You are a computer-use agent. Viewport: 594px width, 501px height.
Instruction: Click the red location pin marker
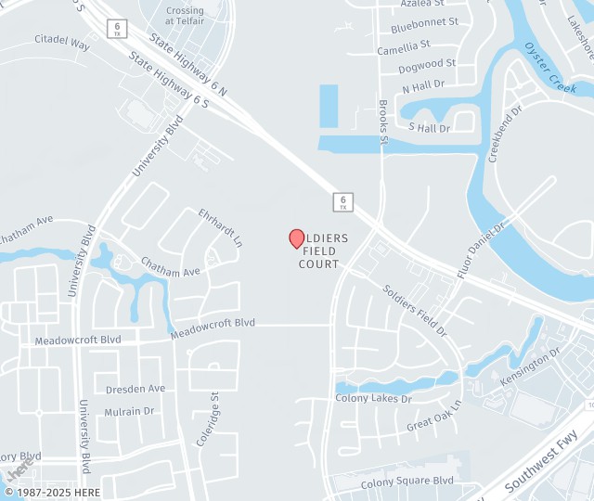297,238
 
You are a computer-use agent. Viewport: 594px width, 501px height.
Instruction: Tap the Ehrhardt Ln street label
220,227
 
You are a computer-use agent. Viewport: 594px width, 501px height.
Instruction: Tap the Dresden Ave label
135,389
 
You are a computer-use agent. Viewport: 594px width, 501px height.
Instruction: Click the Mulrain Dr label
129,411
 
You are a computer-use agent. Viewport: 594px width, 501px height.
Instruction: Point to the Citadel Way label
62,43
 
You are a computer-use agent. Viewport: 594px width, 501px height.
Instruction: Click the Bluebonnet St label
426,21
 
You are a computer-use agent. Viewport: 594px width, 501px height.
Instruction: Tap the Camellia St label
404,45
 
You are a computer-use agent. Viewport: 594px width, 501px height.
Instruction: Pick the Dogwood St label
427,66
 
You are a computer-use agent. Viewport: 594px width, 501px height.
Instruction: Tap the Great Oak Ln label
433,417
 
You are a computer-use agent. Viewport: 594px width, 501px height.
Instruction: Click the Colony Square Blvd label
407,482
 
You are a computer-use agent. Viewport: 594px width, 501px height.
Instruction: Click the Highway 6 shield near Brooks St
342,200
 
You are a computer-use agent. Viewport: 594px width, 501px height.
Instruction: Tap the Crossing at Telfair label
185,16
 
